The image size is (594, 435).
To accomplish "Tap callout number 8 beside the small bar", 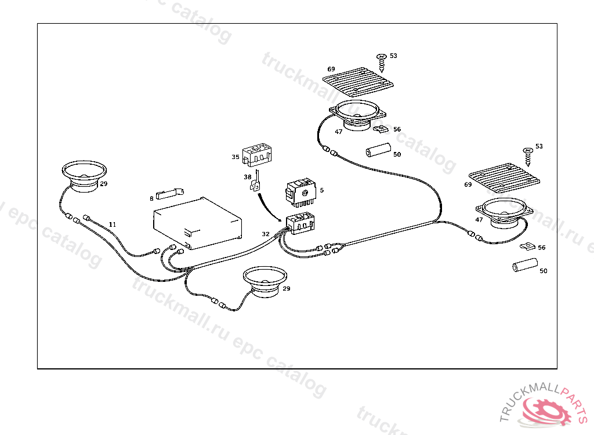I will [152, 198].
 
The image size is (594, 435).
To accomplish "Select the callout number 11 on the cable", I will [113, 224].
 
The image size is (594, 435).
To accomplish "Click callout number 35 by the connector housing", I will [236, 157].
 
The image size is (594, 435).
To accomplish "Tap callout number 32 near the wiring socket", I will [266, 234].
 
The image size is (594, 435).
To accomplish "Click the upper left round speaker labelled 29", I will [85, 175].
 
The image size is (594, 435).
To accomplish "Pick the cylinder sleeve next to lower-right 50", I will [523, 266].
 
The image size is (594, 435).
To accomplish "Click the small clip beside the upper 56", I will [381, 128].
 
